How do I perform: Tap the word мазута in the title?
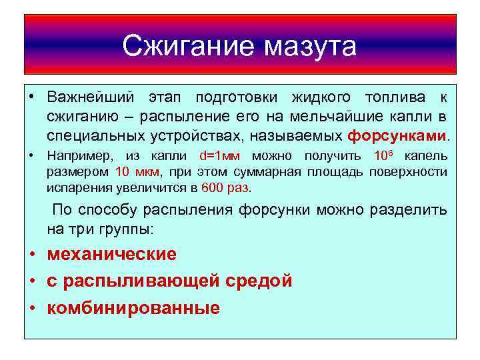pyautogui.click(x=311, y=46)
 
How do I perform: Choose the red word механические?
pyautogui.click(x=111, y=254)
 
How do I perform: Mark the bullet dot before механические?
pyautogui.click(x=32, y=255)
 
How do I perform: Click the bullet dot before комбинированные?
pyautogui.click(x=32, y=308)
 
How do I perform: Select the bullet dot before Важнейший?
pyautogui.click(x=32, y=99)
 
